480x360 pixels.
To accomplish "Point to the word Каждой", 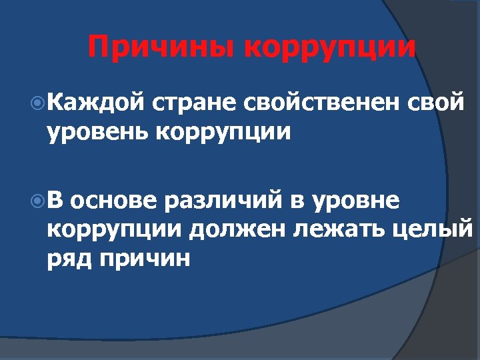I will coord(96,103).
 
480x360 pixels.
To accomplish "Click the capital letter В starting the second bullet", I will coord(58,199).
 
